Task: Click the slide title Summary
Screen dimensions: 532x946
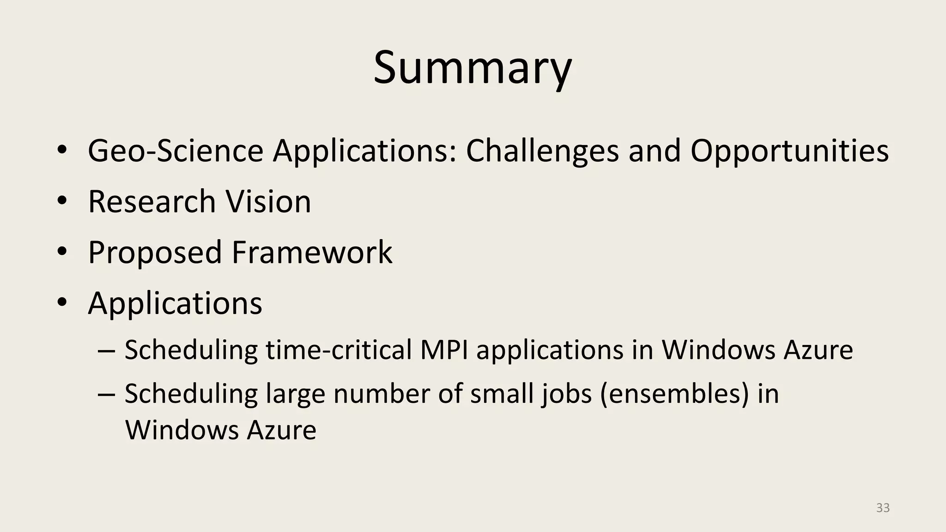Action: coord(473,68)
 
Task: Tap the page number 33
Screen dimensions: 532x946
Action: coord(883,508)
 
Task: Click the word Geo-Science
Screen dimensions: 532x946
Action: coord(176,151)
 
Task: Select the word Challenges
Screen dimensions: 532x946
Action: coord(542,151)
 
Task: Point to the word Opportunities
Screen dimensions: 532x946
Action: coord(789,151)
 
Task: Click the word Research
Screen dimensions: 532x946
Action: coord(152,202)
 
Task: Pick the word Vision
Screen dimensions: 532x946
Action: coord(268,202)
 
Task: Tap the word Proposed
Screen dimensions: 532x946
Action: coord(155,253)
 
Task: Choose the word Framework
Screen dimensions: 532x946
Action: coord(312,253)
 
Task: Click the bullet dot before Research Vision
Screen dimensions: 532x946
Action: coord(62,201)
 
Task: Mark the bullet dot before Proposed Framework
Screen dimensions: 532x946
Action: coord(62,252)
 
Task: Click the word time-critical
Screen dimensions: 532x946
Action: coord(339,350)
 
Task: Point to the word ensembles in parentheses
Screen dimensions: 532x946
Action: coord(674,394)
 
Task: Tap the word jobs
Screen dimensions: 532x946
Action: coord(567,394)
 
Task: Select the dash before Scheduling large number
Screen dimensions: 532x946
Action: coord(107,395)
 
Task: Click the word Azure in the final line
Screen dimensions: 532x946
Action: coord(281,430)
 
